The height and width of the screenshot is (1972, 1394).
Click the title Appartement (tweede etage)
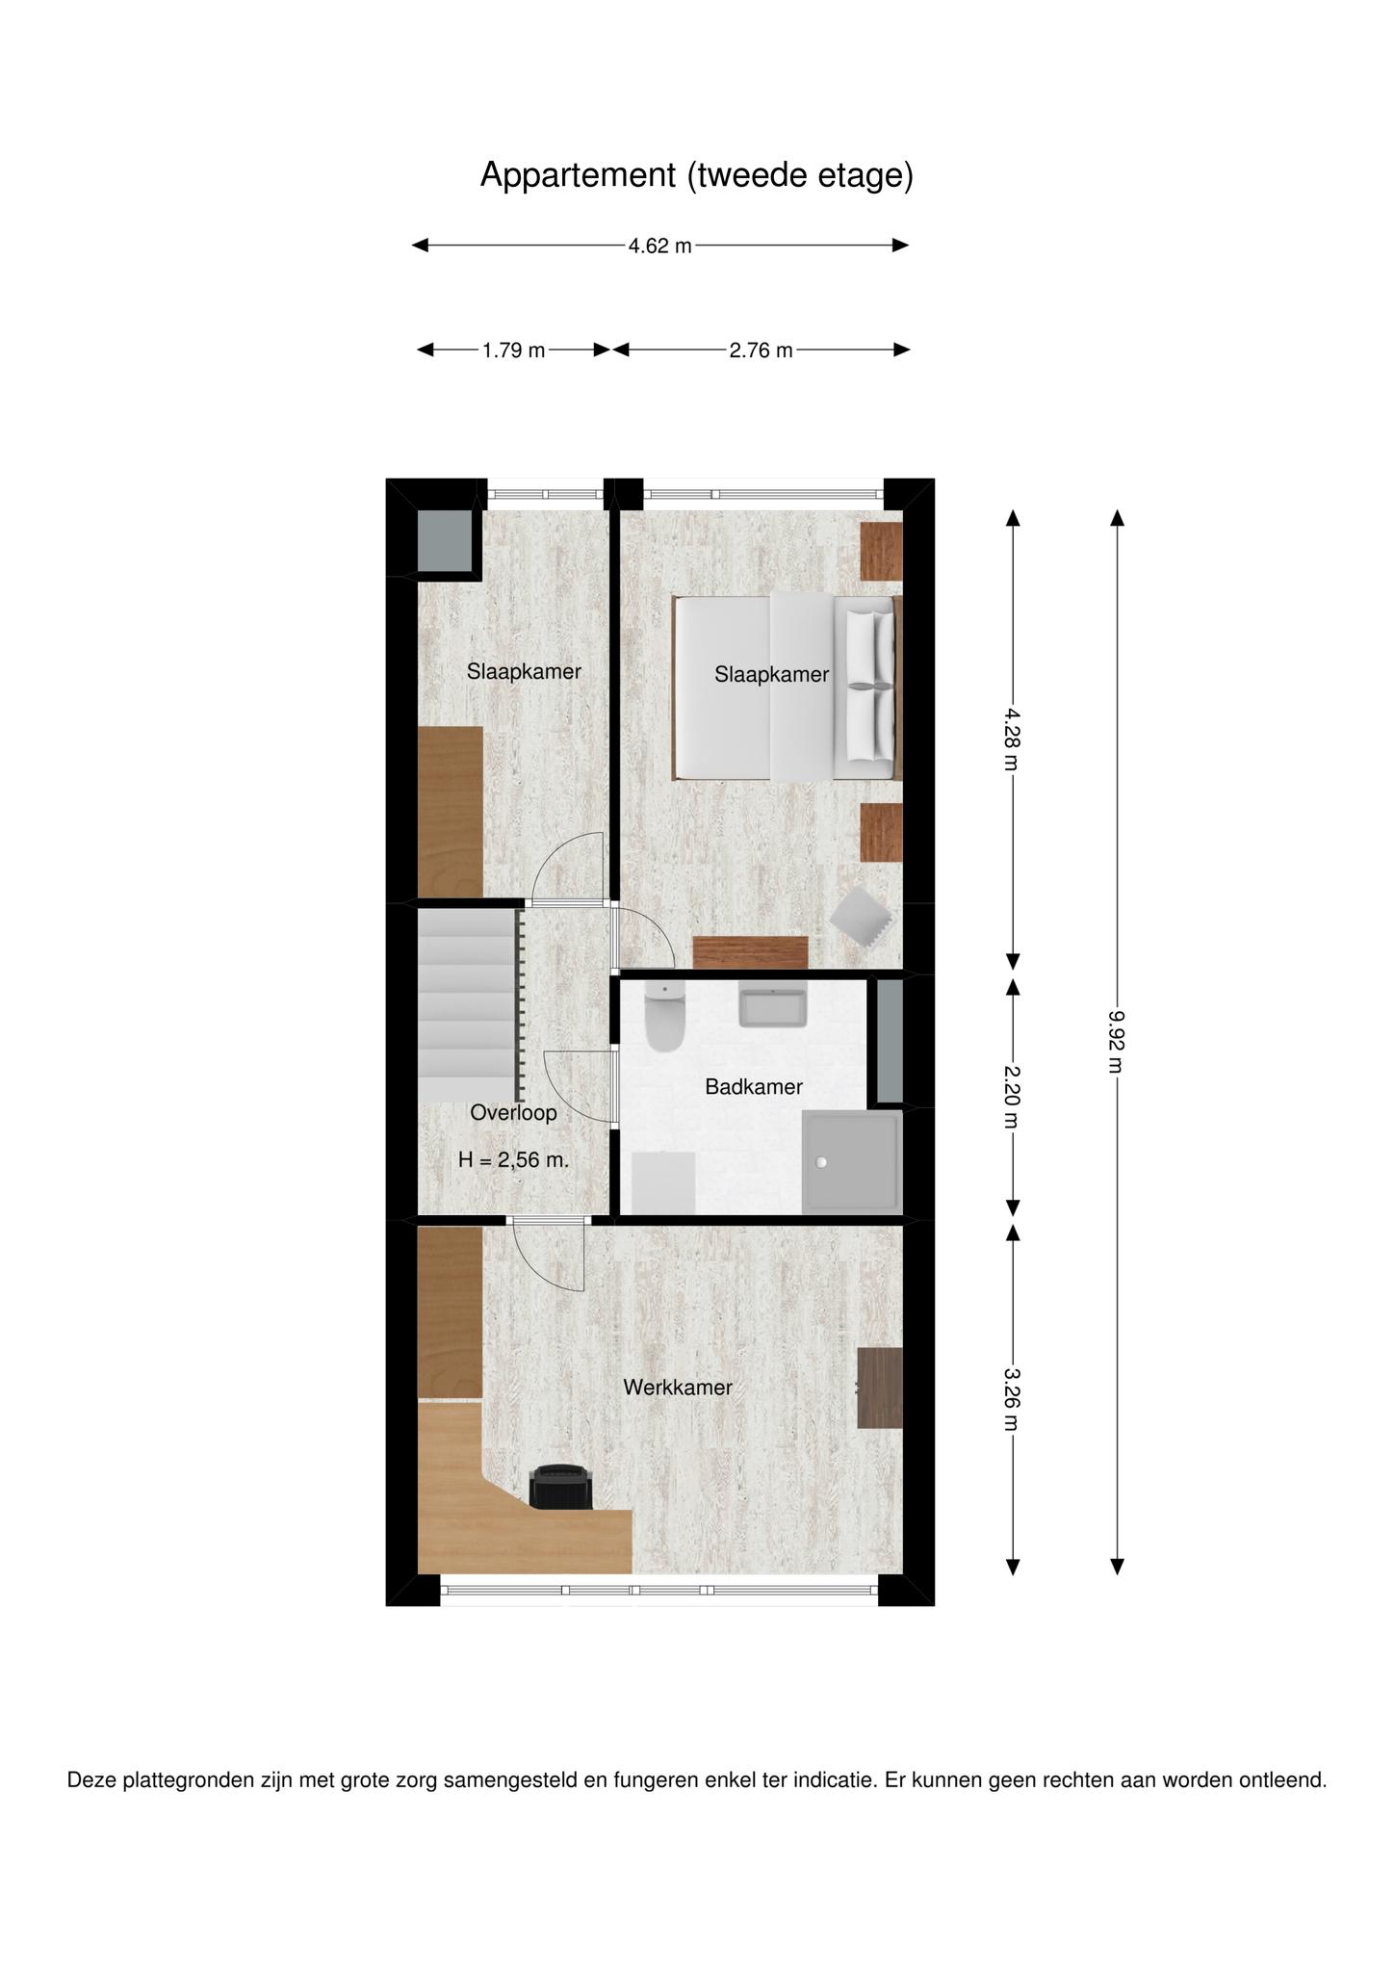pos(696,175)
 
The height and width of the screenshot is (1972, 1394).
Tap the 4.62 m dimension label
pos(660,246)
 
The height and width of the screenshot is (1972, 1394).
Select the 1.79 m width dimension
pos(514,350)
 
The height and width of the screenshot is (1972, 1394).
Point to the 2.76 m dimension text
pos(762,350)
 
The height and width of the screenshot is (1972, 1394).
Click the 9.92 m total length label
pos(1117,1041)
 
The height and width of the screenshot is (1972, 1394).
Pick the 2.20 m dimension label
pos(1012,1097)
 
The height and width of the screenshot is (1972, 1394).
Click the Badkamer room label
pos(754,1087)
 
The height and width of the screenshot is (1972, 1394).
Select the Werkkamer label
pos(678,1388)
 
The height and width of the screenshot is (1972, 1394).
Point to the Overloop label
pos(513,1113)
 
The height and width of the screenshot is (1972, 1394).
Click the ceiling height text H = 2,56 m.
pos(513,1160)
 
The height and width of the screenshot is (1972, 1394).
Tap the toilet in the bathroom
pos(664,1017)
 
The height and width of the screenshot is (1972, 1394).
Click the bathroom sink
pos(772,1004)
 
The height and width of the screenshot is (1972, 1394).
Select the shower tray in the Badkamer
pos(852,1162)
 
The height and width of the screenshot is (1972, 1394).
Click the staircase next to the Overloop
pos(469,1005)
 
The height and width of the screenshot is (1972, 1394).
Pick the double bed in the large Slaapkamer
pos(785,688)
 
